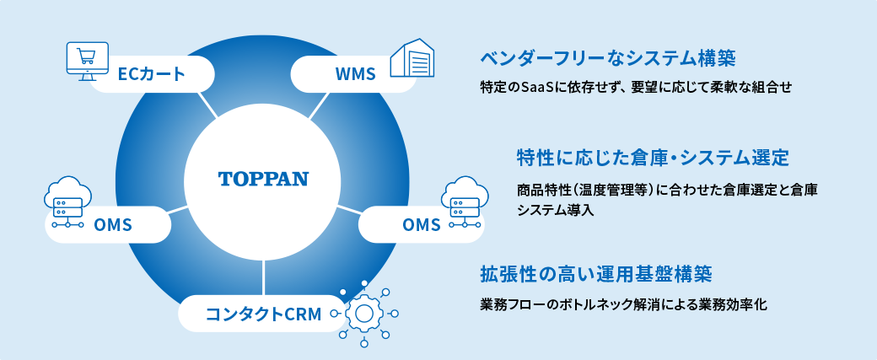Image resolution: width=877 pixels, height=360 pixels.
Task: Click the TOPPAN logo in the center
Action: (263, 180)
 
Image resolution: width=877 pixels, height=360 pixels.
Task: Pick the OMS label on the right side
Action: (422, 225)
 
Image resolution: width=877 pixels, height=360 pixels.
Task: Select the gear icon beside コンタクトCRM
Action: (363, 314)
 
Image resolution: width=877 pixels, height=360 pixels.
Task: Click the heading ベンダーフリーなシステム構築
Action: (608, 59)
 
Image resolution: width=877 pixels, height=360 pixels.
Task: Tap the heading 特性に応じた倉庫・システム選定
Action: (652, 157)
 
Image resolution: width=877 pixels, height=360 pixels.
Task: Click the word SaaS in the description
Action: (537, 87)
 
